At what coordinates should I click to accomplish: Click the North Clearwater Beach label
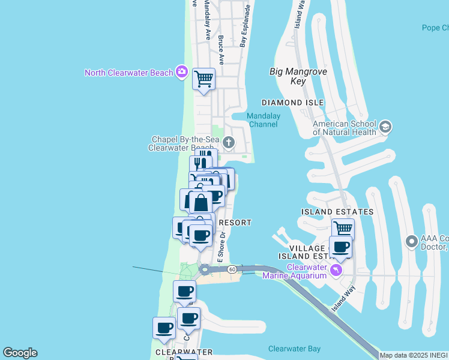[128, 73]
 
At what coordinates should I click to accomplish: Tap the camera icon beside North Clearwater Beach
[181, 73]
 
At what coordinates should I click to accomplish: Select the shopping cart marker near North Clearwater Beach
[203, 79]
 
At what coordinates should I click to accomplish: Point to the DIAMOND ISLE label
[292, 103]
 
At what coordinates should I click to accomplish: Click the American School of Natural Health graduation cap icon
[385, 127]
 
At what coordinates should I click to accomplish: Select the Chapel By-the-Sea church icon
[228, 142]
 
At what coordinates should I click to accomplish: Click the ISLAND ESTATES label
[337, 212]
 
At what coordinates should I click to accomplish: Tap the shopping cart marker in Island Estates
[343, 229]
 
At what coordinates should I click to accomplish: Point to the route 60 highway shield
[232, 269]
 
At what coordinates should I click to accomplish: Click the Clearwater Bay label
[294, 349]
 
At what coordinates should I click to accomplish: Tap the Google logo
[20, 353]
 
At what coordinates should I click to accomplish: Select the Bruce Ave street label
[221, 50]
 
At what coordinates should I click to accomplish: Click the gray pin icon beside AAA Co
[411, 242]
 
